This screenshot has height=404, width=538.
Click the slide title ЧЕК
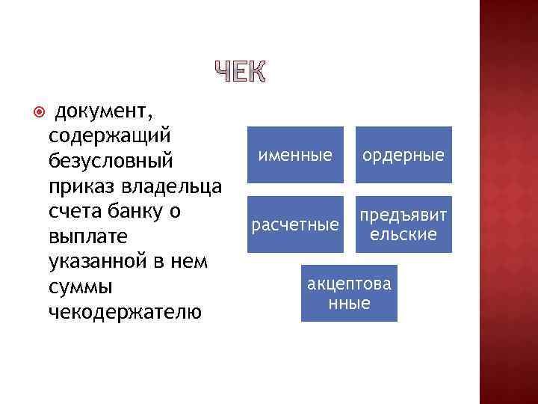click(x=240, y=72)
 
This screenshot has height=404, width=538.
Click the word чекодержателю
click(x=124, y=312)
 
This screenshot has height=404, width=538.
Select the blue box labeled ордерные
click(x=403, y=155)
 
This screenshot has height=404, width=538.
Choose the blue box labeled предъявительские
click(x=403, y=224)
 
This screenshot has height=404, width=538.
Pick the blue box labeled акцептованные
click(x=349, y=294)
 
